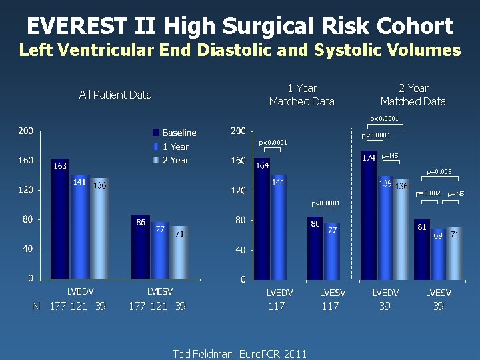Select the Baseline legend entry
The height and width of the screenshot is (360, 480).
[x=179, y=133]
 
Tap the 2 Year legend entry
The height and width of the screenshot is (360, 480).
[x=175, y=160]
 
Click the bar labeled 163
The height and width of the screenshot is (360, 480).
[x=60, y=220]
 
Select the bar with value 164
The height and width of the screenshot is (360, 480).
[x=262, y=220]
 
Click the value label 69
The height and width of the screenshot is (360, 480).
[x=438, y=236]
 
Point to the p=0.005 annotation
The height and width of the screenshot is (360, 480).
[x=439, y=172]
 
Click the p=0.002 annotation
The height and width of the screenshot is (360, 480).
[x=427, y=193]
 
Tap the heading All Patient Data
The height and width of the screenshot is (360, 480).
[x=115, y=95]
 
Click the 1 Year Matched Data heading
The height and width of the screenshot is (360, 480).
[x=301, y=95]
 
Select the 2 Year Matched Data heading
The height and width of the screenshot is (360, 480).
[x=413, y=95]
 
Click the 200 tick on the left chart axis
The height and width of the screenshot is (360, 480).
[x=25, y=131]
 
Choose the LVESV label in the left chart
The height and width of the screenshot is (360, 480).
[x=159, y=292]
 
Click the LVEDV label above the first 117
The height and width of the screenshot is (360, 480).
[x=279, y=293]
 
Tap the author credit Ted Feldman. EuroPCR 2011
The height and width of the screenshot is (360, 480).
[x=240, y=354]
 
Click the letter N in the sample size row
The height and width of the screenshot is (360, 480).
[x=36, y=306]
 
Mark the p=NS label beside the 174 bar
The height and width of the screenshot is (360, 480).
[x=390, y=156]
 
